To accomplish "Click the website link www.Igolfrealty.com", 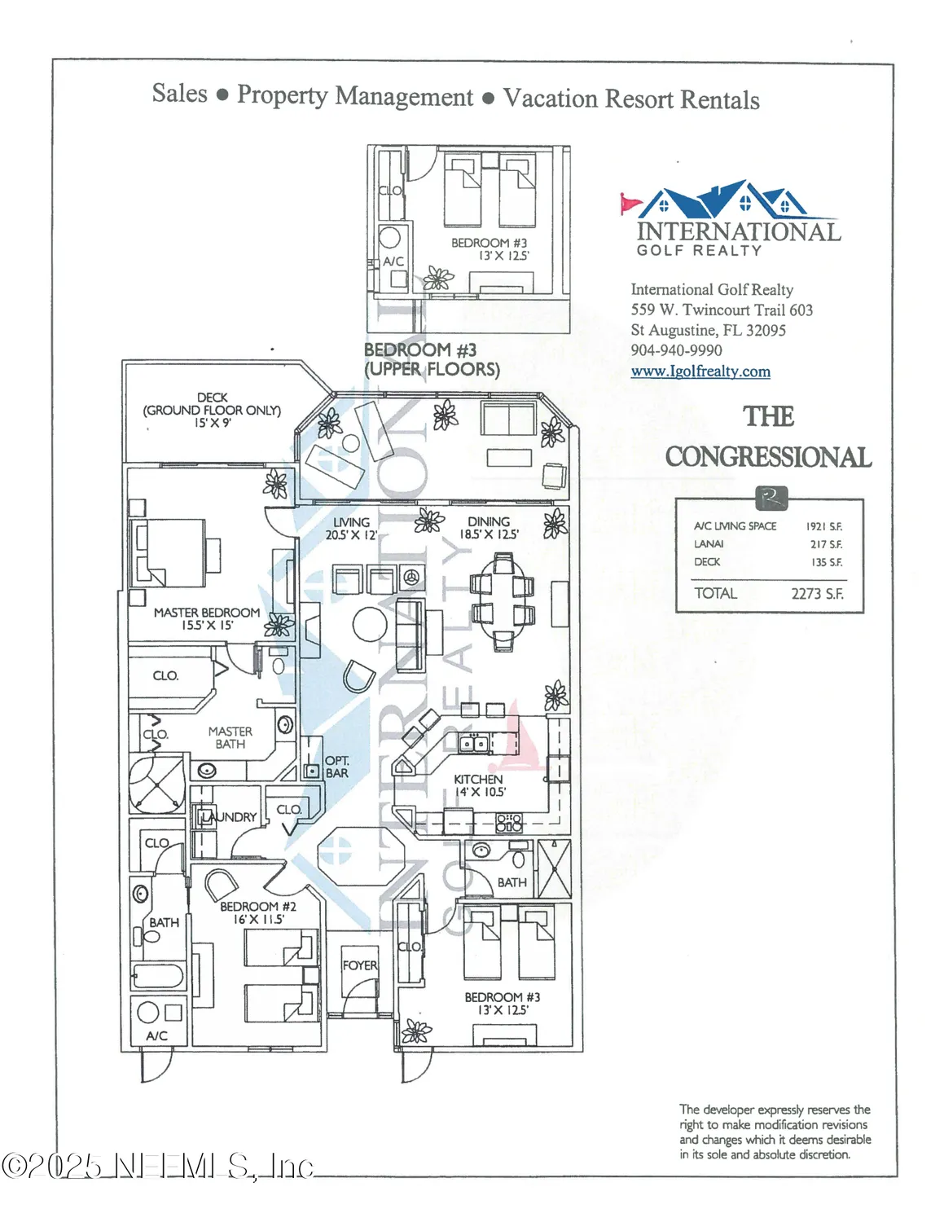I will click(x=700, y=371).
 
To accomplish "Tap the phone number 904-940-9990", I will click(x=676, y=350).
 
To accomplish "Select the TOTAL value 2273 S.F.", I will click(x=816, y=594).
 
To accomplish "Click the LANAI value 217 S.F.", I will click(x=825, y=544).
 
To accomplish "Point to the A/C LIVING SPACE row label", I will click(x=735, y=526).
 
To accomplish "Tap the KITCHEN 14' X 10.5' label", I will click(x=479, y=785).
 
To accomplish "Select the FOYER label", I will click(x=359, y=965).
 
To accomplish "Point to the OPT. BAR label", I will click(x=336, y=767).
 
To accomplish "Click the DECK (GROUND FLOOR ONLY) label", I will click(x=212, y=410).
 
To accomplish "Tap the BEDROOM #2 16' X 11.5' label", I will click(x=258, y=912).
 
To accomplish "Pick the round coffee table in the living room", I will click(x=370, y=626).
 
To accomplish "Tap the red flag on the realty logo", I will click(x=630, y=201).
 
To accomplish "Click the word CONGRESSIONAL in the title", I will click(x=767, y=457).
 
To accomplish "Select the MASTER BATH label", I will click(x=230, y=737).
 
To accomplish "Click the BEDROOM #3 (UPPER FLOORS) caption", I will click(x=431, y=359).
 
